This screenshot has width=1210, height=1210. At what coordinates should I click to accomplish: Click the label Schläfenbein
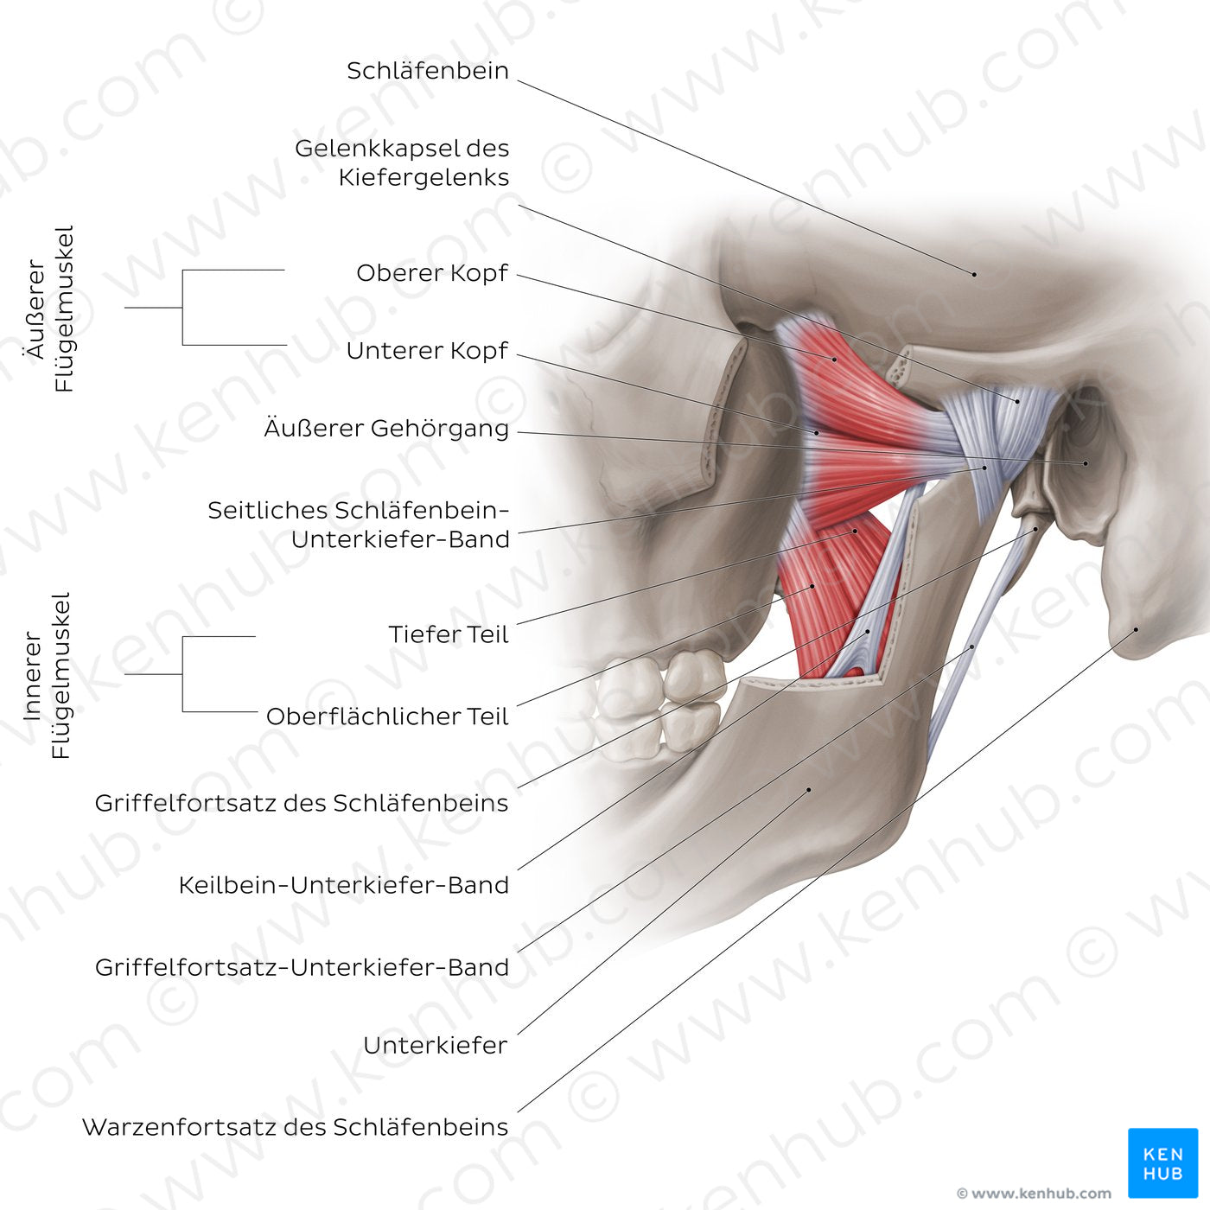click(428, 71)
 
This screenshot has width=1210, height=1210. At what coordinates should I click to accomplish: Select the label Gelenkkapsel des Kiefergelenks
click(402, 162)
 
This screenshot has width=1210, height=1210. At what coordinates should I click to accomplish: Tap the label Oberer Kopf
click(432, 273)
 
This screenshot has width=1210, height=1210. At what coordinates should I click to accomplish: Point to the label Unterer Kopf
click(427, 351)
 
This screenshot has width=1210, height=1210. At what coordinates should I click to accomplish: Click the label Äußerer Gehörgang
click(386, 429)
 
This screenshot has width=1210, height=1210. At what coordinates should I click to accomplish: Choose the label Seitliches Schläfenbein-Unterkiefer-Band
click(359, 525)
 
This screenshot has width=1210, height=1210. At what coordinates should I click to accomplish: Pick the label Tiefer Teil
click(449, 634)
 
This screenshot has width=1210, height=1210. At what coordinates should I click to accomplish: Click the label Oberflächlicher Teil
click(387, 716)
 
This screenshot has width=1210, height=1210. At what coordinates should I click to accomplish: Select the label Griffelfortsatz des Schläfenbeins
click(302, 803)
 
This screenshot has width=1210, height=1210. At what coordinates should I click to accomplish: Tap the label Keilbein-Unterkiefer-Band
click(344, 885)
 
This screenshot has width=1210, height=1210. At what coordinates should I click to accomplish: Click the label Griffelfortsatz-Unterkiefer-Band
click(302, 967)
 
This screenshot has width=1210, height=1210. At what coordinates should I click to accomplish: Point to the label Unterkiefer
click(436, 1045)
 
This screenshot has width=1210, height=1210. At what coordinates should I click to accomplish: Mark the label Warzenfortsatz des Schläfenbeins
click(296, 1127)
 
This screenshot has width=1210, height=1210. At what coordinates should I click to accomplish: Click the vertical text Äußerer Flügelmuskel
click(50, 309)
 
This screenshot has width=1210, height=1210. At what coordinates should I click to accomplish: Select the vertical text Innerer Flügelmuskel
click(48, 675)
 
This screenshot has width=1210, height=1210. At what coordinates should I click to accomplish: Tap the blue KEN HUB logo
click(1162, 1162)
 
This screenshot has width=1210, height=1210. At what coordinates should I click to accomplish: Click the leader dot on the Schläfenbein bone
click(975, 274)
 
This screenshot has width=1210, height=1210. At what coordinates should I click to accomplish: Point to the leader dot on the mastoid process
click(1137, 630)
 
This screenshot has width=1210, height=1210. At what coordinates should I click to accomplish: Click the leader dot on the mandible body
click(809, 789)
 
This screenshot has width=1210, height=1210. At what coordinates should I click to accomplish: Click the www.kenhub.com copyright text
click(1034, 1194)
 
